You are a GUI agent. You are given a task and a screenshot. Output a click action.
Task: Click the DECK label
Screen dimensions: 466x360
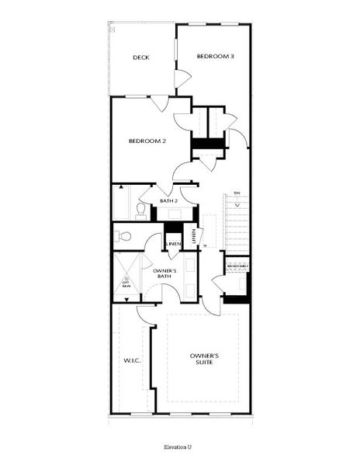(140, 57)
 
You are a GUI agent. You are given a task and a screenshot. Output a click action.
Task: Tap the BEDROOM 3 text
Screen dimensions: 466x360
(215, 56)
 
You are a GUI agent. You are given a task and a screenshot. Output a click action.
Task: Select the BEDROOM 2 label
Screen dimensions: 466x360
(147, 141)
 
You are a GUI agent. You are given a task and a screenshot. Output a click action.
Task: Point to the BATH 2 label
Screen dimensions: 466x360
(169, 201)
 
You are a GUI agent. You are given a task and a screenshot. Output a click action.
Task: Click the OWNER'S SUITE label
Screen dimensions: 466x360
(205, 360)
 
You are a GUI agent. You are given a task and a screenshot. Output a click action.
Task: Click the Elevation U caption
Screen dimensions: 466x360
(178, 448)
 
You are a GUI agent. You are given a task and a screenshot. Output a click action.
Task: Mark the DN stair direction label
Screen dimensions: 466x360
(237, 193)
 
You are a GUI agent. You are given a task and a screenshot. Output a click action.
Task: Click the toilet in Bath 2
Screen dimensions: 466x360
(141, 210)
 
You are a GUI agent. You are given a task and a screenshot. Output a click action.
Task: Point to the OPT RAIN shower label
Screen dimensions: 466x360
(126, 284)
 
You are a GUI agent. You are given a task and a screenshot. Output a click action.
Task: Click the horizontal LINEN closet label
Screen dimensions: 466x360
(174, 244)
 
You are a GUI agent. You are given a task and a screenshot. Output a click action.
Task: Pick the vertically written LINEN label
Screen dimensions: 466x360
(193, 235)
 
